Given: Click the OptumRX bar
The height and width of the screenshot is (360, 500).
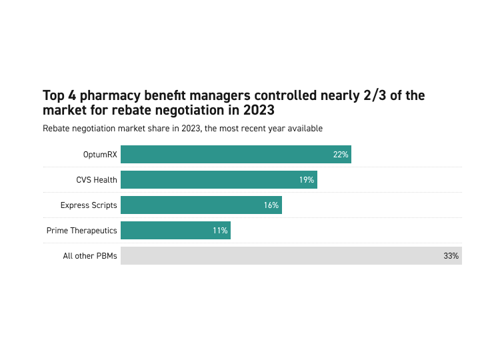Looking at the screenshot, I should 235,155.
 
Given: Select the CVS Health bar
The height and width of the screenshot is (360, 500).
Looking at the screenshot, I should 219,180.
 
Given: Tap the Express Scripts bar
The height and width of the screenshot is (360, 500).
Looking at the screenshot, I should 201,205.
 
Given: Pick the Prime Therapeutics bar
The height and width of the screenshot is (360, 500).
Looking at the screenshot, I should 175,231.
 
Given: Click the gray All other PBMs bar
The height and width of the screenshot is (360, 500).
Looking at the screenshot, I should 291,256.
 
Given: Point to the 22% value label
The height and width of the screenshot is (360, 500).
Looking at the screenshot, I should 341,155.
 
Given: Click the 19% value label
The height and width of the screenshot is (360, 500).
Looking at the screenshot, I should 307,180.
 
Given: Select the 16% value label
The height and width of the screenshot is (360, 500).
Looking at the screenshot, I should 271,205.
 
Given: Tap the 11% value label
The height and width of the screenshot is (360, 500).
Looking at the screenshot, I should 221,231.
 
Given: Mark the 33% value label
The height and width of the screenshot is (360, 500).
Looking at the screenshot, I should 451,256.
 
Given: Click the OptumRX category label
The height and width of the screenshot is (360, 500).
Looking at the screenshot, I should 100,155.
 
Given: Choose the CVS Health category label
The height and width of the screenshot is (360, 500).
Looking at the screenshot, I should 97,180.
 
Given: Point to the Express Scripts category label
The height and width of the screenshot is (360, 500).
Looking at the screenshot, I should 89,205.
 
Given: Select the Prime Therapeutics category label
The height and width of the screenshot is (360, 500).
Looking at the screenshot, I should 82,231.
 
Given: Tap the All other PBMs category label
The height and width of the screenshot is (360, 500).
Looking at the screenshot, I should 90,256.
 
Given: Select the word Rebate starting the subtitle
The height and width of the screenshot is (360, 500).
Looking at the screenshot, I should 56,128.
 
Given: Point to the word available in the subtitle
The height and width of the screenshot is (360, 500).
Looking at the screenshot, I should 304,128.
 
